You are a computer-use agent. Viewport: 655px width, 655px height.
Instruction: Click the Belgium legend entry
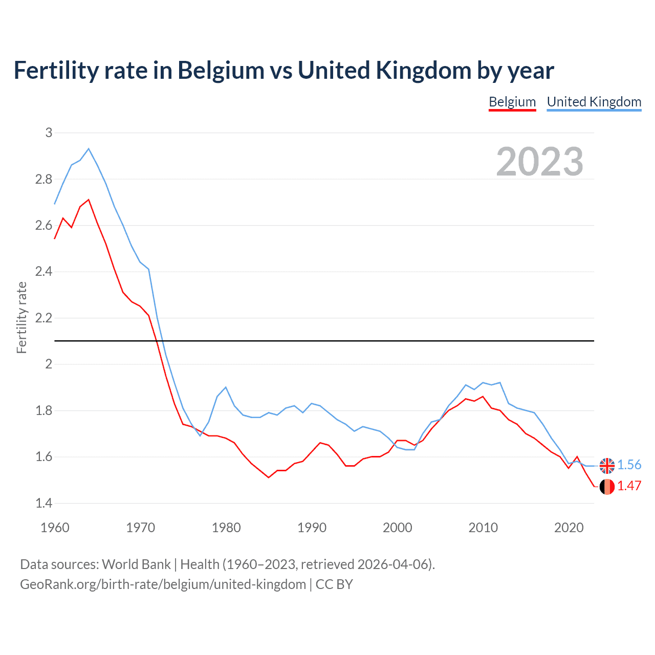512,102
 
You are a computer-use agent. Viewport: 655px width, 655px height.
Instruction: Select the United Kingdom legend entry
594,102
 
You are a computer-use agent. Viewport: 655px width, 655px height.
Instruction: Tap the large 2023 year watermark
540,162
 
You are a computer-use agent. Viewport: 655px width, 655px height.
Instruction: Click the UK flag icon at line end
607,466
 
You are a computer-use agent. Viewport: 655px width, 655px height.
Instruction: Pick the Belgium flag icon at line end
607,487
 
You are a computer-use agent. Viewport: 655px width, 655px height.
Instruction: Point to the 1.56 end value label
629,465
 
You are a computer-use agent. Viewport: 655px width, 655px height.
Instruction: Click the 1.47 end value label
629,486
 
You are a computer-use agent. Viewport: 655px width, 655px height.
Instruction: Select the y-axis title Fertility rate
21,317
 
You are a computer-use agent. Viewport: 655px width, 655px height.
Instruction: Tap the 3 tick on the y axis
49,133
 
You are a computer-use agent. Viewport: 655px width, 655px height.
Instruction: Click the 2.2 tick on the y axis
44,318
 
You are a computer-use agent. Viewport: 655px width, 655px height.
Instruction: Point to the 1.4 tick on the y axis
44,503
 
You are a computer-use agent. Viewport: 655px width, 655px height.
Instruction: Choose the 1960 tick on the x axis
55,528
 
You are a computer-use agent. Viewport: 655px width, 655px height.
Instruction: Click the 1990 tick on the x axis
312,528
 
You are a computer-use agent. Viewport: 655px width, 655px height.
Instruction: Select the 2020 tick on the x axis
569,528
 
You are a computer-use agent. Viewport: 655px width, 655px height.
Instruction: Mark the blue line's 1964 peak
89,149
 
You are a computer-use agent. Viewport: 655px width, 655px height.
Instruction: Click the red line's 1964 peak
89,200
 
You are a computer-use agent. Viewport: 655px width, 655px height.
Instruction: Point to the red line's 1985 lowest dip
269,477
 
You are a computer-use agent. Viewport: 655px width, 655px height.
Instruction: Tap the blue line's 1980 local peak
226,387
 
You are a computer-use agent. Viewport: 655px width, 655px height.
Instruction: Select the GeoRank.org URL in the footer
163,584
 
